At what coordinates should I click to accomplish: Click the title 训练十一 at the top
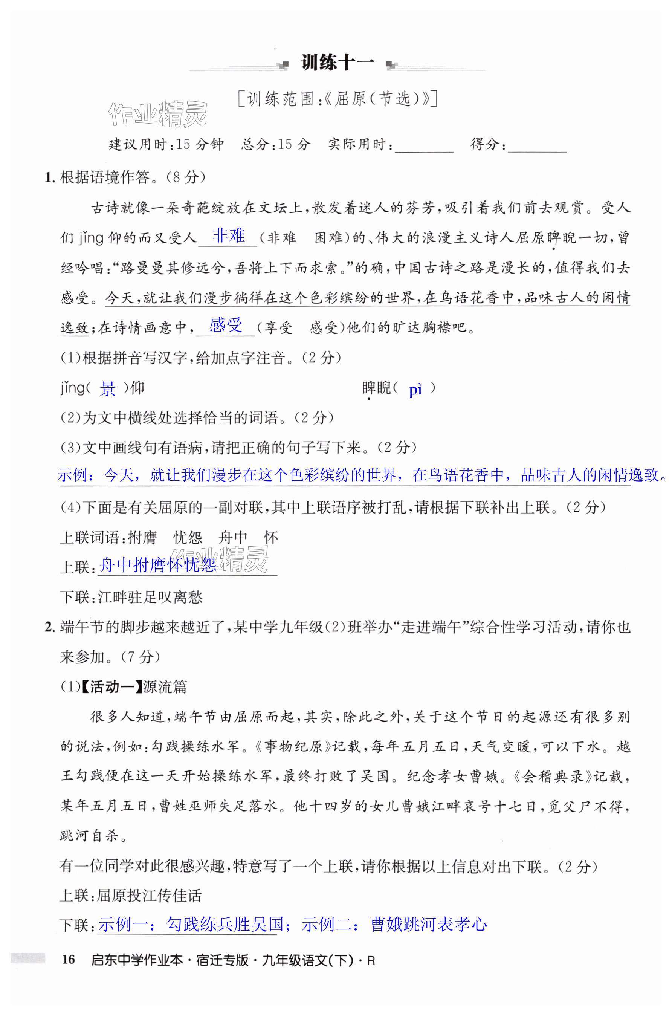pos(337,63)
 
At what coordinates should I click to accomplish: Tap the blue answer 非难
pos(228,236)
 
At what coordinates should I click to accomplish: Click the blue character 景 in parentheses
pos(108,389)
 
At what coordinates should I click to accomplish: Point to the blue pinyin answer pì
pos(415,390)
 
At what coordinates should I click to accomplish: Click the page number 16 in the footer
pos(68,959)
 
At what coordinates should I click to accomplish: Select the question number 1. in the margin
pos(50,177)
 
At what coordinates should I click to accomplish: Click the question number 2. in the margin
pos(50,627)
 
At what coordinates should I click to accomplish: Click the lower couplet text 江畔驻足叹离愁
pos(150,597)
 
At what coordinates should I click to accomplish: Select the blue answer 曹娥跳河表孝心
pos(428,924)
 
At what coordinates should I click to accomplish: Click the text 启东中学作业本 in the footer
pos(137,960)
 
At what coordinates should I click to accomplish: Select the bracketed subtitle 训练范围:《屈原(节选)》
pos(337,99)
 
